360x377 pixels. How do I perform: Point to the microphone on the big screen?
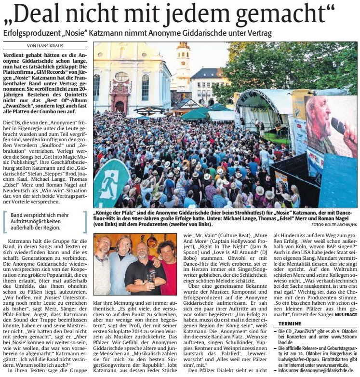[x=338, y=126]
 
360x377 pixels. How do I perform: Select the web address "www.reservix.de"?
[x=327, y=359]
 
